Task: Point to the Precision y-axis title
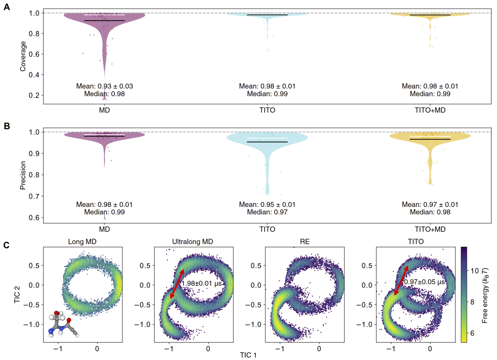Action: [x=23, y=176]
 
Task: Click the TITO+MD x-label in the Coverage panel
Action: [x=430, y=110]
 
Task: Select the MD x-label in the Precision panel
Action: [x=104, y=229]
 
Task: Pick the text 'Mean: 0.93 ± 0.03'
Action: [x=104, y=86]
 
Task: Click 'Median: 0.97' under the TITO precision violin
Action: [x=267, y=212]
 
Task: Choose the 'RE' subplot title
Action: [x=305, y=241]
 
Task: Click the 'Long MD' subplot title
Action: [x=82, y=241]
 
